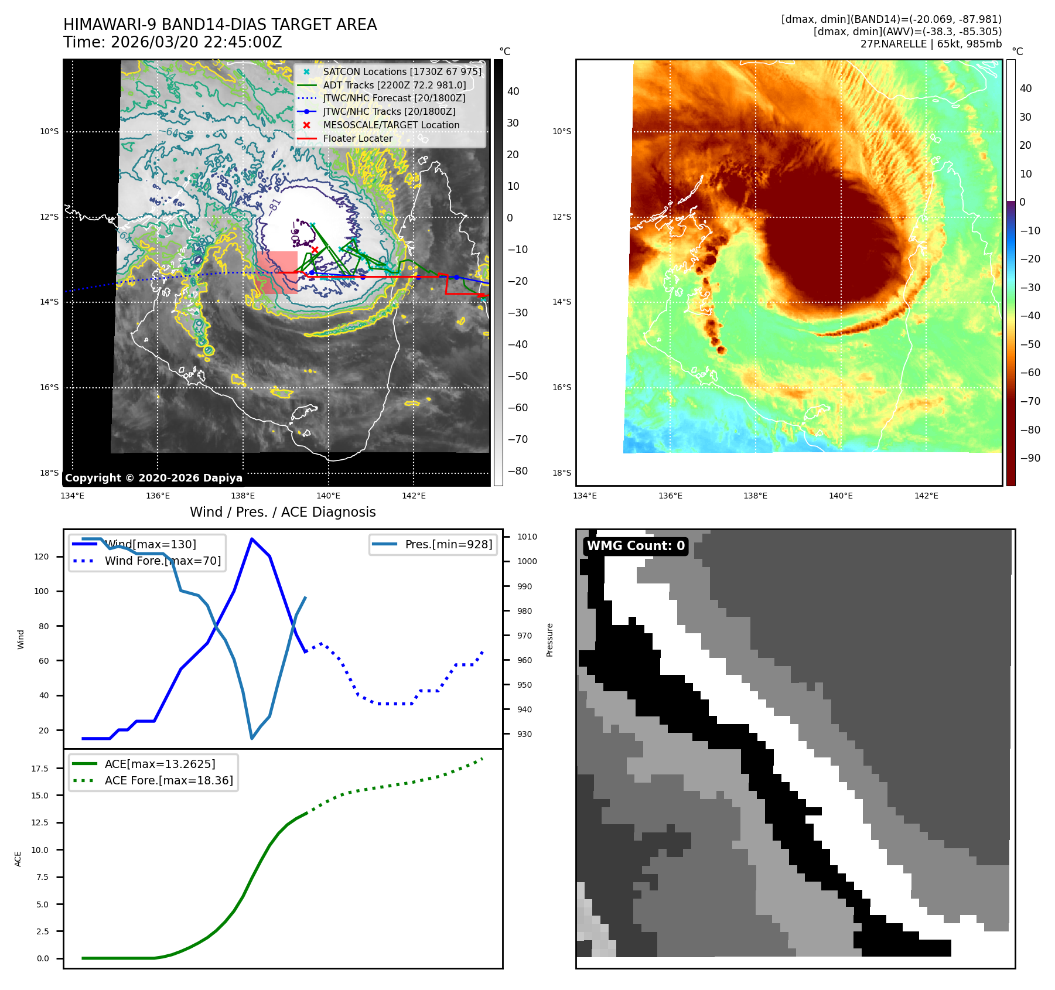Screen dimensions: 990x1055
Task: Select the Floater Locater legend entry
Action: tap(357, 138)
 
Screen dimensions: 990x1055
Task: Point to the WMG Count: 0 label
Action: tap(636, 546)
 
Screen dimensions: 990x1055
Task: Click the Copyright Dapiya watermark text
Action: tap(153, 478)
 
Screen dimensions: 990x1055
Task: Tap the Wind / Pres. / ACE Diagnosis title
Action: tap(282, 512)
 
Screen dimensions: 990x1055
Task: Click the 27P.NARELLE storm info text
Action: tap(931, 44)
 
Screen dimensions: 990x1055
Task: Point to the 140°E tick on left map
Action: tap(328, 496)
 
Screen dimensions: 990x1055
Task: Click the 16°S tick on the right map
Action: tap(562, 387)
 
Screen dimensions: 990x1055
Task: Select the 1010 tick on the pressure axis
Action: tap(527, 537)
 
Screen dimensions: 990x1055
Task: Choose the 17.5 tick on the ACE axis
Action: tap(40, 769)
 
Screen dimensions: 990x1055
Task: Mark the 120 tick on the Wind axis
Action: tap(42, 557)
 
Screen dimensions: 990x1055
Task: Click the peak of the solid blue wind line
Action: tap(252, 539)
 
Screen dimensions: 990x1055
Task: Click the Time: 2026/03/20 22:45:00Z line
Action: tap(173, 42)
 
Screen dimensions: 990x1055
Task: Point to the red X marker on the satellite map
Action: tap(315, 250)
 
